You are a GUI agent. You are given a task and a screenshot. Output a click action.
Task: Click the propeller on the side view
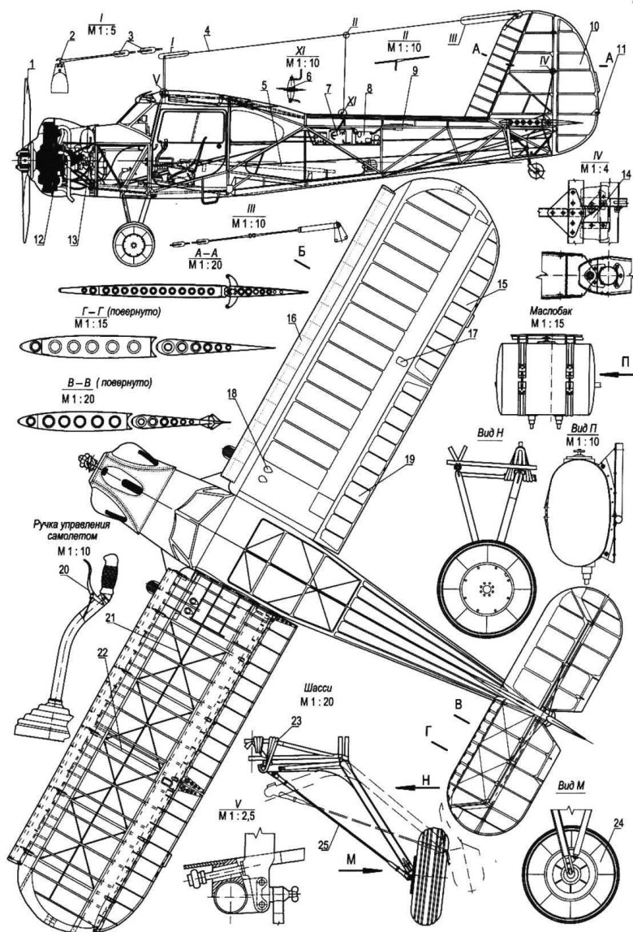pos(28,154)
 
